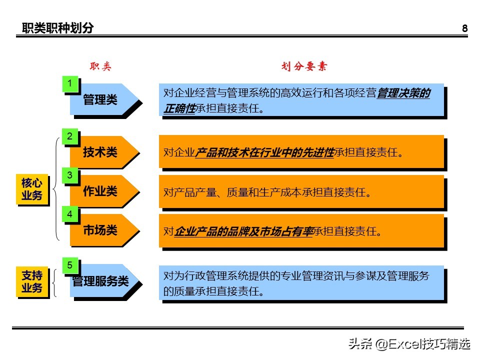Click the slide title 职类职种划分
(57, 28)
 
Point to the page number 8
(464, 28)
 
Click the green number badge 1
(70, 83)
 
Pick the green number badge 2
(70, 136)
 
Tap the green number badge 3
(70, 175)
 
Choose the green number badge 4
(70, 214)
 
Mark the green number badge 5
(70, 265)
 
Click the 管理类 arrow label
(100, 100)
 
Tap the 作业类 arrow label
(100, 191)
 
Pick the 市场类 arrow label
(100, 230)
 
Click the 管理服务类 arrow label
(100, 281)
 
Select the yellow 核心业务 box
(32, 189)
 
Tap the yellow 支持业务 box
(32, 282)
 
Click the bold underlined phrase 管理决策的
(403, 93)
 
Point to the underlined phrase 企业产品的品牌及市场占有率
(243, 231)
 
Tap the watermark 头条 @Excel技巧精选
(409, 344)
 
